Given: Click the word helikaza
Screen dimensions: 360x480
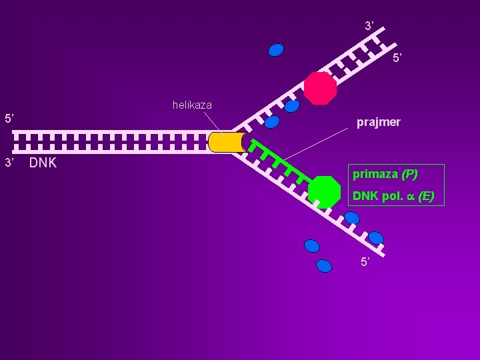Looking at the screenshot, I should pos(192,105).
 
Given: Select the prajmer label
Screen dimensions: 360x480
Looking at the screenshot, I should pos(378,123).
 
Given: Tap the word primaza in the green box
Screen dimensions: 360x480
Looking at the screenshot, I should pos(375,175).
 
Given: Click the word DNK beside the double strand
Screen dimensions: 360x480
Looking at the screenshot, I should pos(43,163).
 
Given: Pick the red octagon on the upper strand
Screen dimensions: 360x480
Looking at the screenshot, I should pos(321,88).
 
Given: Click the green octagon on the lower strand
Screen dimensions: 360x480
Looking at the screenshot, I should pos(325,192).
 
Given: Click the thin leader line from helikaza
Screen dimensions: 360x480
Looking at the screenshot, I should pos(212,121).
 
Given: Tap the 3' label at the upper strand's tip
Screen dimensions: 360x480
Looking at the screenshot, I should pos(369,26).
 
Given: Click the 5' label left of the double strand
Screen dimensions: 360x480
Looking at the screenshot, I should pos(9,119).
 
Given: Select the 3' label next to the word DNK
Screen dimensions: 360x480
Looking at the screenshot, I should pos(9,163).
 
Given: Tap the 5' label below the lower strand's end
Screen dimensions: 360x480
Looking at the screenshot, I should pos(365,261).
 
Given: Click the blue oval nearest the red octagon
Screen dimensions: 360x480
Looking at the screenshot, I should pos(292,106).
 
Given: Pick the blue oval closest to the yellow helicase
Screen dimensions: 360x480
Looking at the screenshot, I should pos(271,122).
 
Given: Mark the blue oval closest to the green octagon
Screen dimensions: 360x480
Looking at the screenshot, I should pos(351,217).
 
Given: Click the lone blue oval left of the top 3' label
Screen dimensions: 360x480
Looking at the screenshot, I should pos(276,50).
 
